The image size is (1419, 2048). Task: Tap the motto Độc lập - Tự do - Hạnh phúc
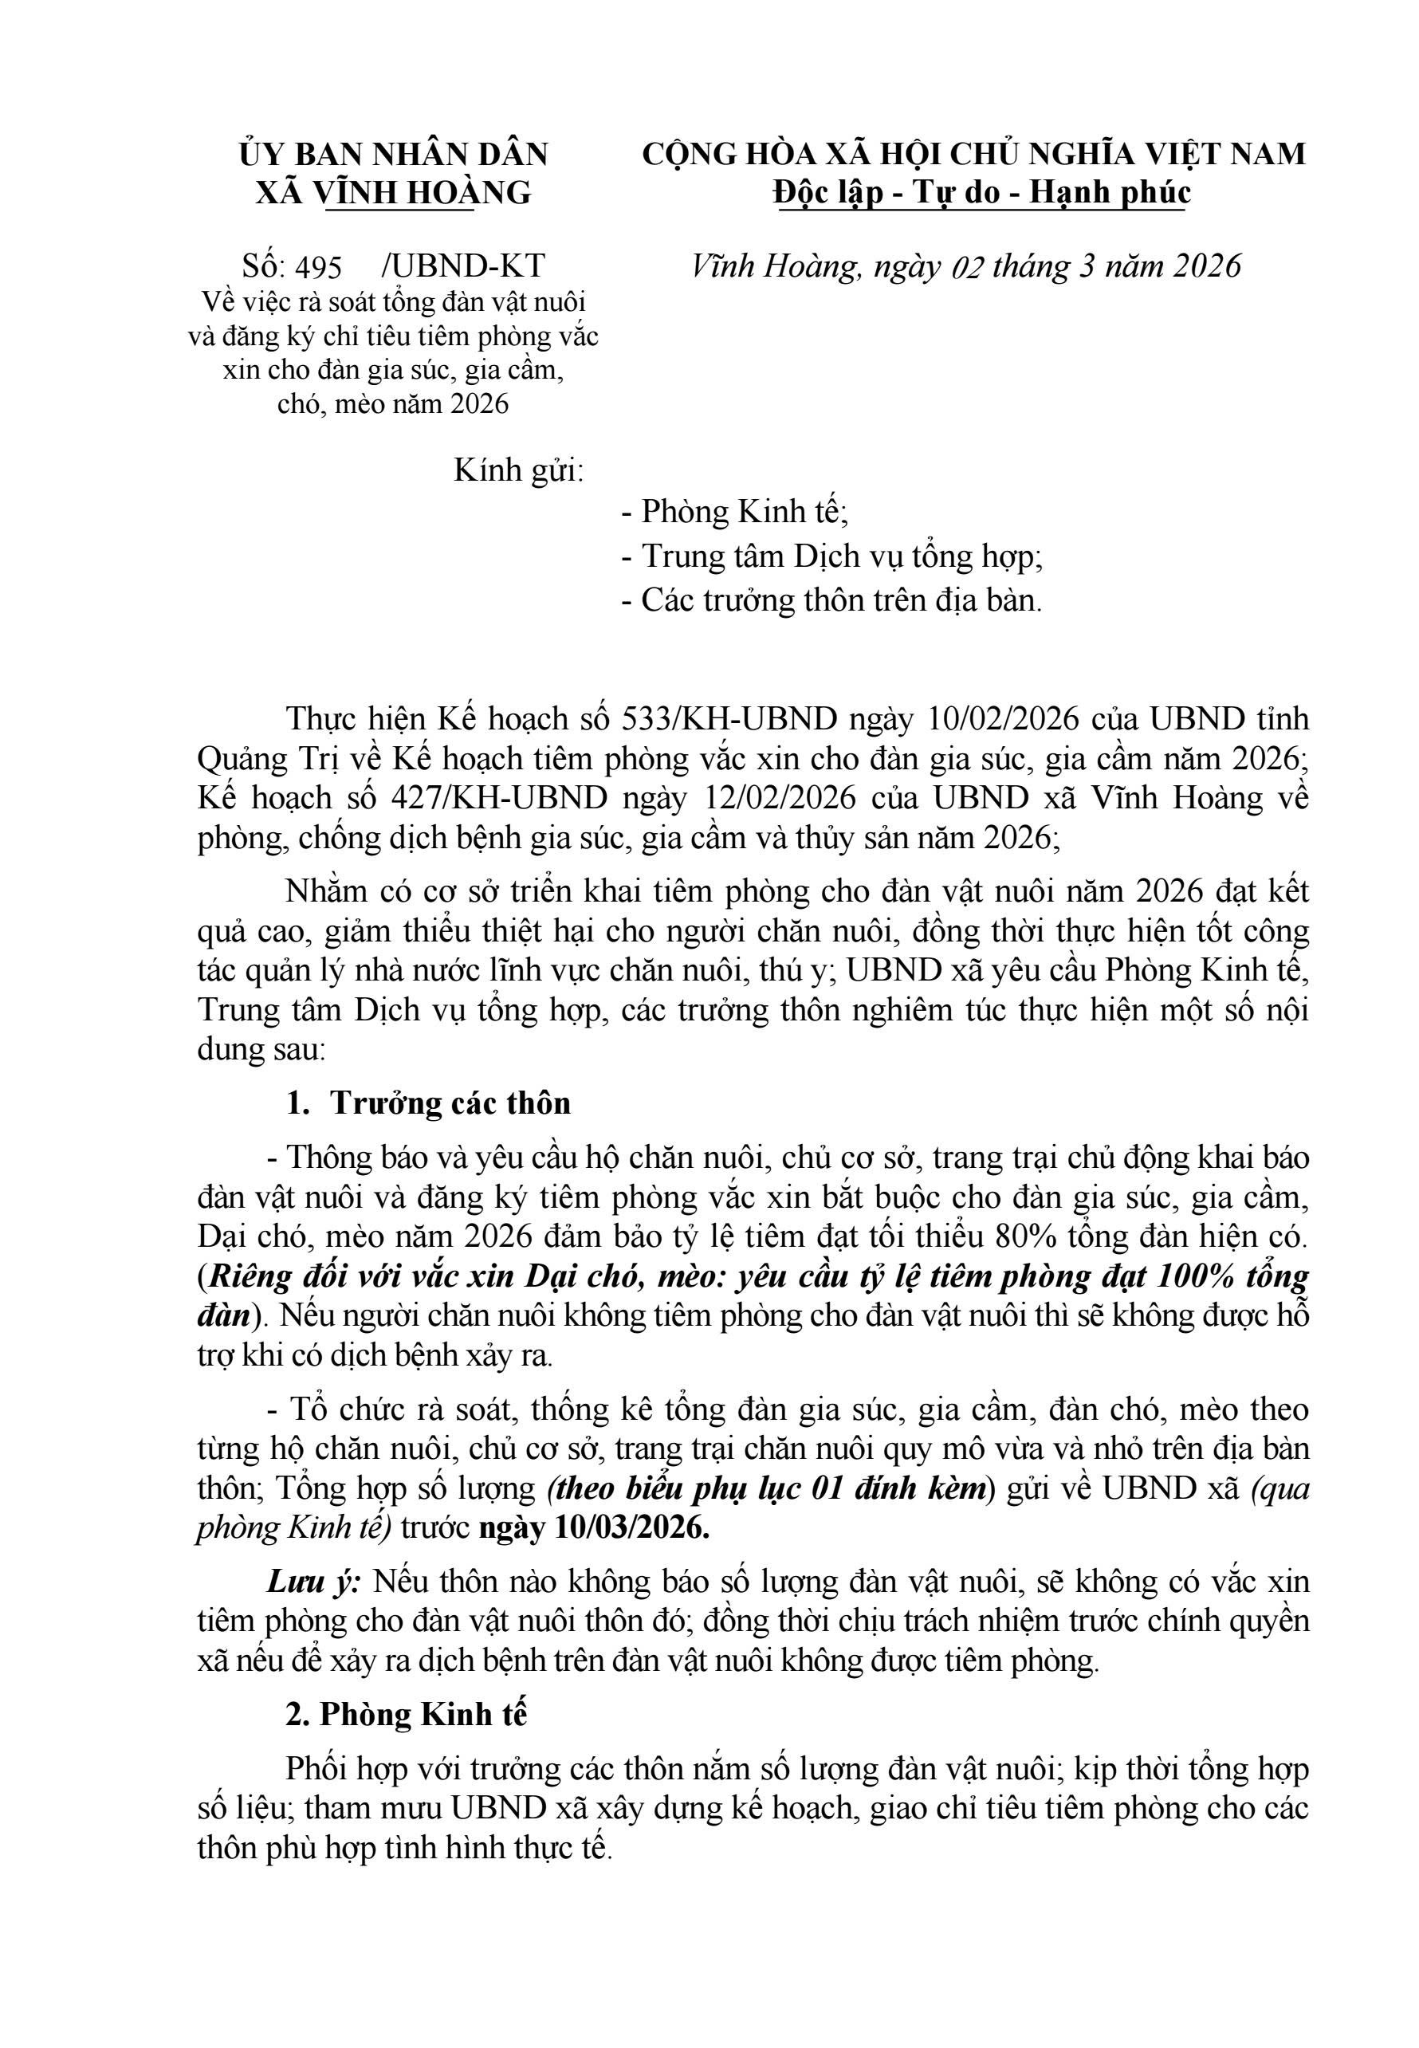click(x=981, y=192)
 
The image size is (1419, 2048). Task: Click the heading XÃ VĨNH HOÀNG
click(x=393, y=192)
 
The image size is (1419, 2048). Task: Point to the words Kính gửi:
click(x=518, y=470)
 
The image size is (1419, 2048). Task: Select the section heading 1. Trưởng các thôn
click(x=429, y=1103)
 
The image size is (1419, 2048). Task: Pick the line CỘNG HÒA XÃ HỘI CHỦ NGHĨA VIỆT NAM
click(x=973, y=154)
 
